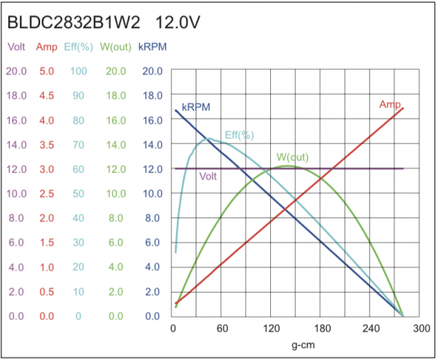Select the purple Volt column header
(x=16, y=47)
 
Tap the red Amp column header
(x=47, y=47)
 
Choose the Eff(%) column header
(x=78, y=47)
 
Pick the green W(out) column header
(x=115, y=47)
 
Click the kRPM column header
(x=153, y=47)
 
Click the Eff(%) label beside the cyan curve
(x=239, y=135)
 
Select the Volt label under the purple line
(x=208, y=176)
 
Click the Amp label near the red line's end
(x=389, y=104)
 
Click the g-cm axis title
(x=296, y=344)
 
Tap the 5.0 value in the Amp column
(x=47, y=72)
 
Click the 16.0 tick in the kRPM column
(x=153, y=120)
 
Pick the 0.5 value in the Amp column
(x=47, y=292)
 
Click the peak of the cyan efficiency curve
(x=209, y=139)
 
